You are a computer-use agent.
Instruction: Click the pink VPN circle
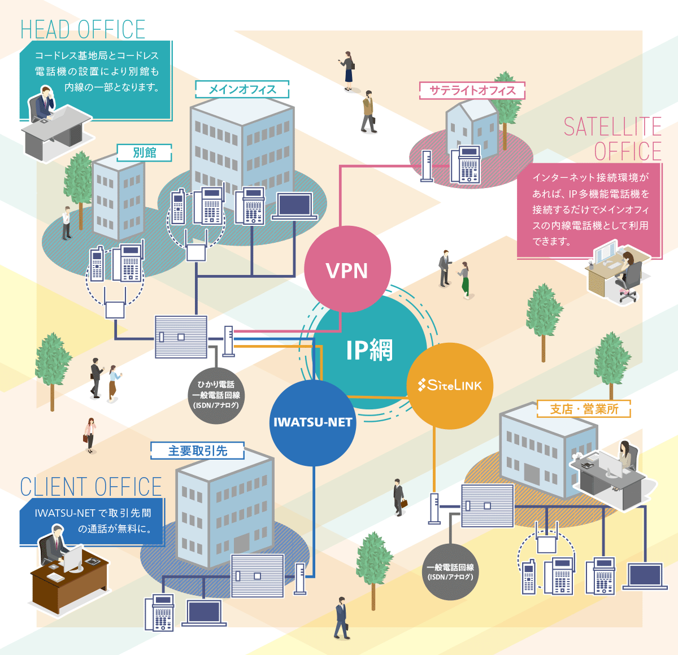click(347, 269)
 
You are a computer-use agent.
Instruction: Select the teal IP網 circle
click(368, 350)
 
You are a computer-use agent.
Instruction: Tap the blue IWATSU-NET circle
click(312, 422)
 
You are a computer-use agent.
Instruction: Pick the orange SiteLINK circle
click(450, 386)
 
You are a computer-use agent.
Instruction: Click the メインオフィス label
click(242, 89)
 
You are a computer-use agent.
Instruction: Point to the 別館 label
click(144, 152)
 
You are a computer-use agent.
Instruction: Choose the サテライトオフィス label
click(472, 90)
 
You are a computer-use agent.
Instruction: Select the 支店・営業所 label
click(584, 409)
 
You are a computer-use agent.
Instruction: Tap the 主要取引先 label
click(197, 451)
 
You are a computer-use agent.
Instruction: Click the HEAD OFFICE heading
click(83, 29)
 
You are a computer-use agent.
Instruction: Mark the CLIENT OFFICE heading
click(91, 487)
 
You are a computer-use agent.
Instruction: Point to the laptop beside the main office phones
click(294, 206)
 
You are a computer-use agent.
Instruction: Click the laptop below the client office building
click(204, 613)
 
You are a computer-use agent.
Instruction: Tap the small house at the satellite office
click(472, 129)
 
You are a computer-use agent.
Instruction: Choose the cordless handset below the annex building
click(97, 264)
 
